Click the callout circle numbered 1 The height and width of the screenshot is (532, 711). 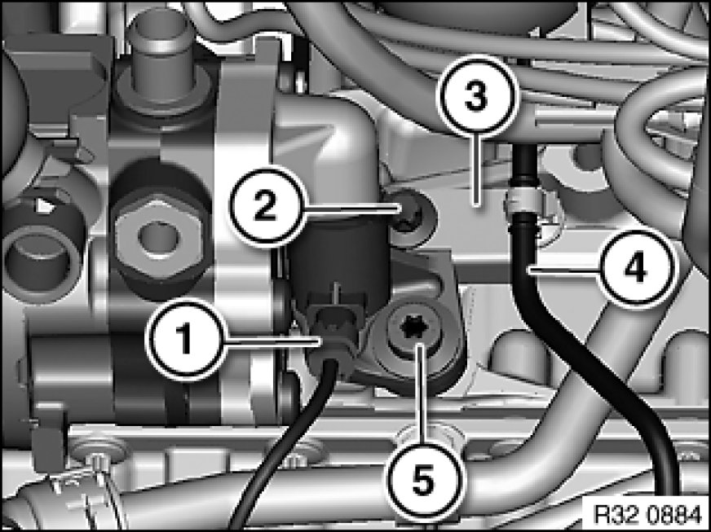[184, 340]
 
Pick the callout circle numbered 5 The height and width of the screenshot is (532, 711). [423, 481]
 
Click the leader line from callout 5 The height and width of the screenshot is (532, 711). [422, 394]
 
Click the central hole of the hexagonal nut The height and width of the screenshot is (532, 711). [156, 235]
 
